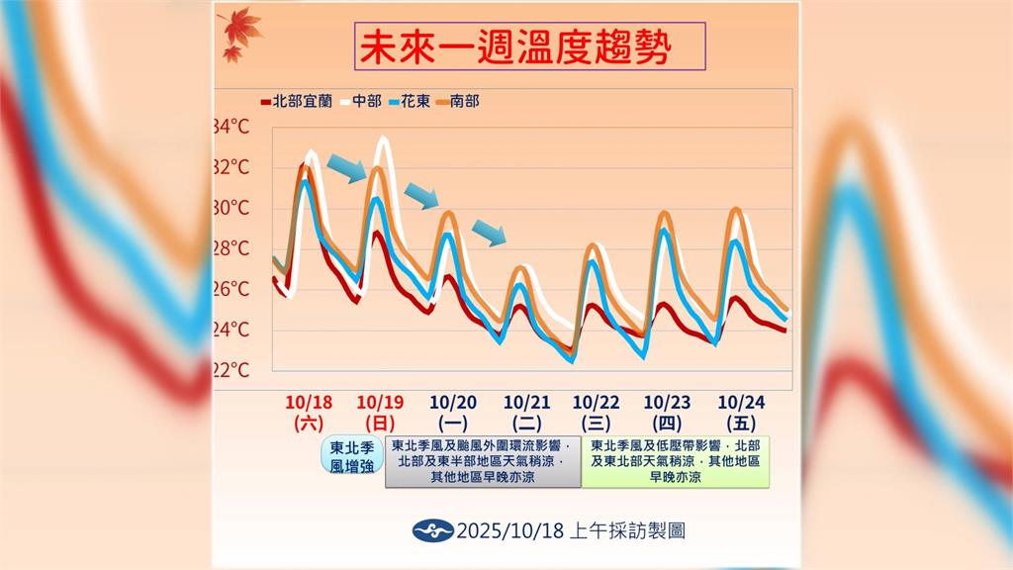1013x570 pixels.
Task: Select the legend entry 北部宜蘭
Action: (x=296, y=100)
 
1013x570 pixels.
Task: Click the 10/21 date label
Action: (x=526, y=402)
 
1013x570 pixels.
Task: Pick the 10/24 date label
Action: (x=741, y=402)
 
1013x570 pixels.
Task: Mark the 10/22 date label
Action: (x=597, y=402)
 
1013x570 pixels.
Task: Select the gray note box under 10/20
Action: (x=482, y=461)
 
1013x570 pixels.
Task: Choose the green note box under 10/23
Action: (x=676, y=461)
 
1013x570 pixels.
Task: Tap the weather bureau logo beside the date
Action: (x=432, y=530)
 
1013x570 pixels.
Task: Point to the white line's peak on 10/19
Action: (x=382, y=140)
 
